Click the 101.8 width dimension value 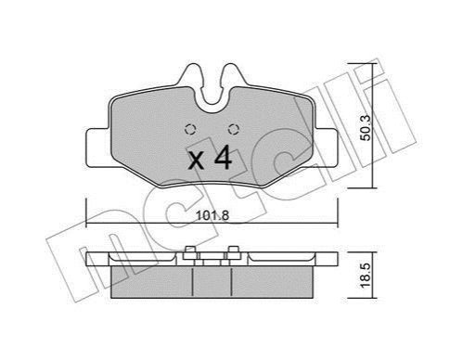click(212, 215)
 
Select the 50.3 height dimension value click(367, 128)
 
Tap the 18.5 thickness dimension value click(367, 276)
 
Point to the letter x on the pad click(196, 161)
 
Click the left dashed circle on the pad click(190, 129)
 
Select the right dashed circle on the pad click(233, 129)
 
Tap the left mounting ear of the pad click(97, 148)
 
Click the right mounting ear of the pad click(325, 148)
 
